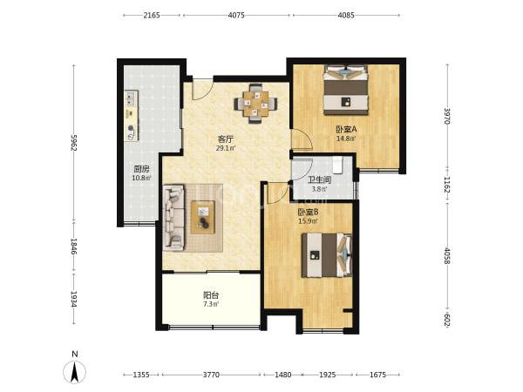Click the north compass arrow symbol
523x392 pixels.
tap(75, 371)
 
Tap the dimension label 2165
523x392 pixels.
tap(152, 15)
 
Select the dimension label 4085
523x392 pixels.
tap(346, 15)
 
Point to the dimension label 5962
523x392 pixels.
tap(74, 143)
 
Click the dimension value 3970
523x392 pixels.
tap(447, 116)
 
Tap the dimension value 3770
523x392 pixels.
tap(212, 375)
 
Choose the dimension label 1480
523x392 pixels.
tap(282, 375)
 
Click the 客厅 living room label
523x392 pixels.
tap(226, 139)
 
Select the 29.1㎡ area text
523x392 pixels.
tap(226, 148)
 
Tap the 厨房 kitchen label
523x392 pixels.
tap(141, 169)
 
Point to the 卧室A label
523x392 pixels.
tap(346, 129)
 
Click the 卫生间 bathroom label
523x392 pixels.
tap(319, 180)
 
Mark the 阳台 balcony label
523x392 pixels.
tap(211, 295)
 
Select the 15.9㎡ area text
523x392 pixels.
tap(308, 220)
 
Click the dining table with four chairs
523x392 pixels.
tap(255, 104)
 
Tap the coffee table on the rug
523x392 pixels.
tap(203, 217)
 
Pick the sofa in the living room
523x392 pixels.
tap(173, 218)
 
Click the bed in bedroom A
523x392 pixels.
tap(346, 90)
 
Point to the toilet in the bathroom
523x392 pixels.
tap(337, 166)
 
